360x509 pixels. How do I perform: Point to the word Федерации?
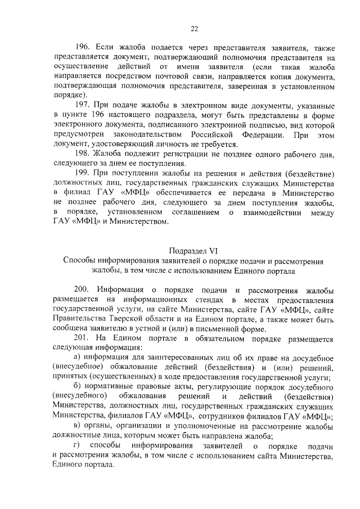point(255,134)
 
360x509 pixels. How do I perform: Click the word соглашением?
point(196,212)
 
